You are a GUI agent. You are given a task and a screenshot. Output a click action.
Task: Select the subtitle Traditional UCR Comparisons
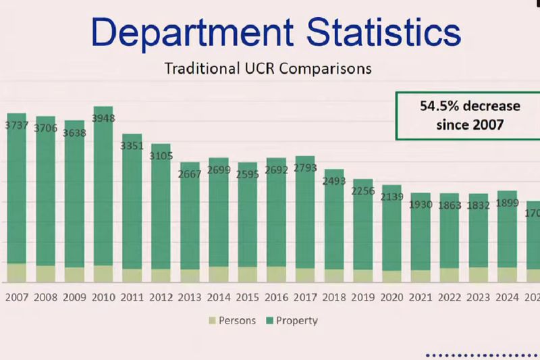tap(269, 69)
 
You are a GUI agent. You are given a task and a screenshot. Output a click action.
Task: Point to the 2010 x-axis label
tap(103, 297)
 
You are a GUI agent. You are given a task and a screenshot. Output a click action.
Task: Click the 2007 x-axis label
tap(16, 297)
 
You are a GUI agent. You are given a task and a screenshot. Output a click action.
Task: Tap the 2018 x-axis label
tap(334, 297)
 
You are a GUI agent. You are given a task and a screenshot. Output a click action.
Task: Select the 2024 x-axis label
tap(508, 297)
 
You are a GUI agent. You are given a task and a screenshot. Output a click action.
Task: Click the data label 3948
tap(103, 119)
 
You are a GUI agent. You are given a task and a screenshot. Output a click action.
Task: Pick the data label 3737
tap(16, 125)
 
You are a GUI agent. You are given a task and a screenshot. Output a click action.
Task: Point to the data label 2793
tap(305, 168)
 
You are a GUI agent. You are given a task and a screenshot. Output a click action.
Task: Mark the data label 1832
tap(479, 205)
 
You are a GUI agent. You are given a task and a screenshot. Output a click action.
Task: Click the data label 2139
tap(392, 197)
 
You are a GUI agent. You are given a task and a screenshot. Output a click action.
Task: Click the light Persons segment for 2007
tap(16, 273)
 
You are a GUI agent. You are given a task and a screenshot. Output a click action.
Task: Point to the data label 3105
tap(161, 156)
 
